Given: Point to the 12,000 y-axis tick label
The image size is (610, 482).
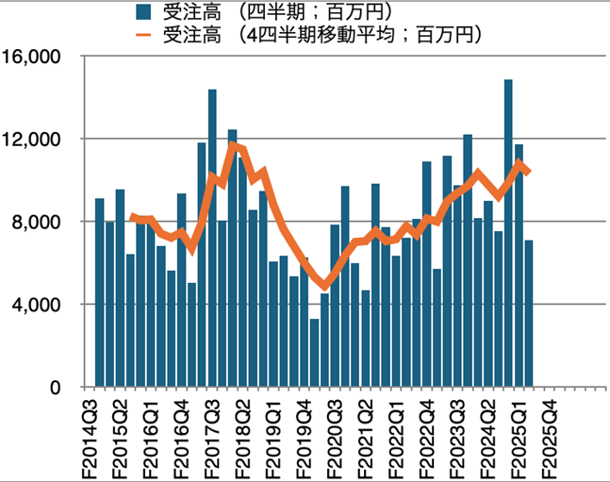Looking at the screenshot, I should (x=32, y=140).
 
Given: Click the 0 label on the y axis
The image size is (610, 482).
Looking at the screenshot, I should (x=55, y=388).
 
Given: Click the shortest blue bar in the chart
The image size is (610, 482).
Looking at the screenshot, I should (x=314, y=353).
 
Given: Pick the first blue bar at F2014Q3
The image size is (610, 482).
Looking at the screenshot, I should (x=99, y=292).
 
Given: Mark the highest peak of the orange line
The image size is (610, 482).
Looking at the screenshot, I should (x=233, y=145).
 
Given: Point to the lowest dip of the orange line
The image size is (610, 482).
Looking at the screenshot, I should (x=324, y=286).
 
